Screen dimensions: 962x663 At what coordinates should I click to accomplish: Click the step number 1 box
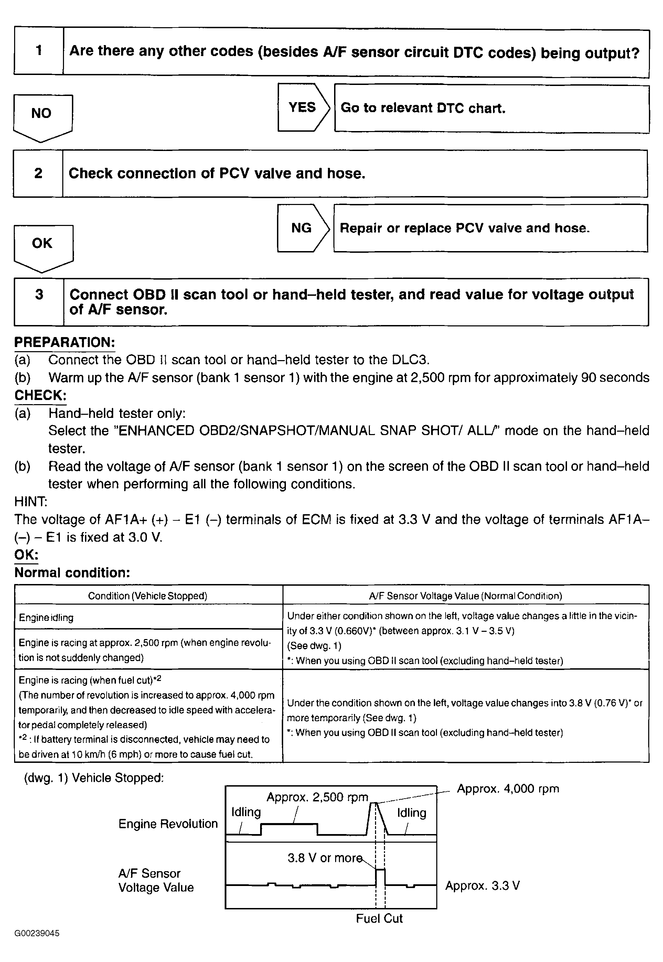coord(39,51)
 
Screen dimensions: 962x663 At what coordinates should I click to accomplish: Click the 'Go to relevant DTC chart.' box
coord(491,108)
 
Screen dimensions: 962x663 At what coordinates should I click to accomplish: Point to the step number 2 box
coord(38,173)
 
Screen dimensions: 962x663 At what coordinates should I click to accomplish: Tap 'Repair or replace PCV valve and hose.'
coord(490,228)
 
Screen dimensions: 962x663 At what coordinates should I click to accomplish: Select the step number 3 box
coord(39,302)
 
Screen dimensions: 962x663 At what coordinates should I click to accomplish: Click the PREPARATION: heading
coord(64,343)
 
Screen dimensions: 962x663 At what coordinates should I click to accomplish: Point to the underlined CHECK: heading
coord(40,395)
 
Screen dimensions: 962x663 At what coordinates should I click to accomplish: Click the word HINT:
coord(31,501)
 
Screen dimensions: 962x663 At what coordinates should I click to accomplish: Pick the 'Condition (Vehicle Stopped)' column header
coord(148,596)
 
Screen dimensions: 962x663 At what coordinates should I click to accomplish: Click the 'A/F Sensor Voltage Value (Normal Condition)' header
coord(465,596)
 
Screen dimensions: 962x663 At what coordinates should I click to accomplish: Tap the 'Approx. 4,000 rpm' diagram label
coord(507,788)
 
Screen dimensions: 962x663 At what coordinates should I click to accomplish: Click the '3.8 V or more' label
coord(325,858)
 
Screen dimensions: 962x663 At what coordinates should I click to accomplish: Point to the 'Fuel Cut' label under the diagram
coord(379,918)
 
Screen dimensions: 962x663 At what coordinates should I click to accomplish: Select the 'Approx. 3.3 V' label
coord(482,886)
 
